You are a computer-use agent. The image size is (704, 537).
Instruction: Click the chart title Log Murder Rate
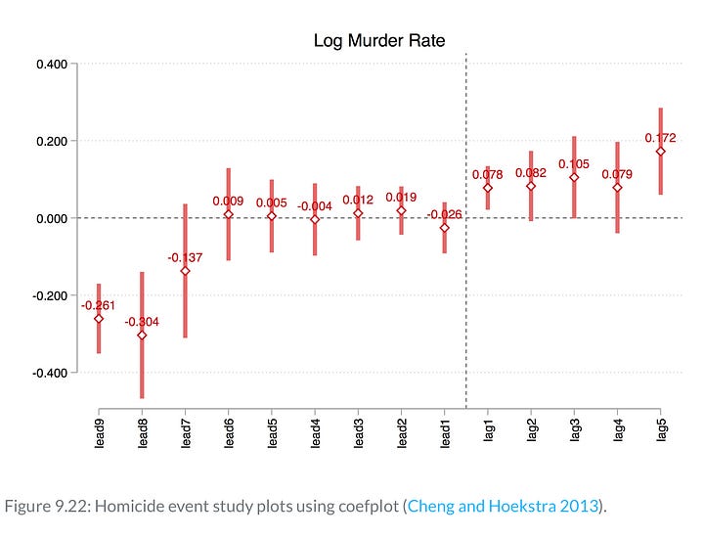pyautogui.click(x=378, y=40)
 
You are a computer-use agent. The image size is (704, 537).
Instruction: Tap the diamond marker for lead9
pyautogui.click(x=99, y=318)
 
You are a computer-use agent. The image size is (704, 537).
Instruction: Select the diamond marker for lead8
pyautogui.click(x=142, y=335)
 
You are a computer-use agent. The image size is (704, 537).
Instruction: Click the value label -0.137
pyautogui.click(x=185, y=257)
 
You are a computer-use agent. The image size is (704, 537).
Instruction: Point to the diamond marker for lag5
pyautogui.click(x=661, y=152)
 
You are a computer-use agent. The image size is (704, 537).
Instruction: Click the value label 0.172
pyautogui.click(x=661, y=138)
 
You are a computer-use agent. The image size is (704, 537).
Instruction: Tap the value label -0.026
pyautogui.click(x=445, y=214)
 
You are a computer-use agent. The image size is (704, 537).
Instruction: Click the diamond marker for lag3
pyautogui.click(x=574, y=177)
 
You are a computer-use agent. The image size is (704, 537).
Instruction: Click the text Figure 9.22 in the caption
pyautogui.click(x=40, y=506)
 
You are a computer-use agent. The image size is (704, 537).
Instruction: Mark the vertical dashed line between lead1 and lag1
pyautogui.click(x=466, y=293)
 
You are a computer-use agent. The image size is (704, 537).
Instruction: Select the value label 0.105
pyautogui.click(x=574, y=164)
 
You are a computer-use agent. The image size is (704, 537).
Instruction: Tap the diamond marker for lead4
pyautogui.click(x=315, y=219)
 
